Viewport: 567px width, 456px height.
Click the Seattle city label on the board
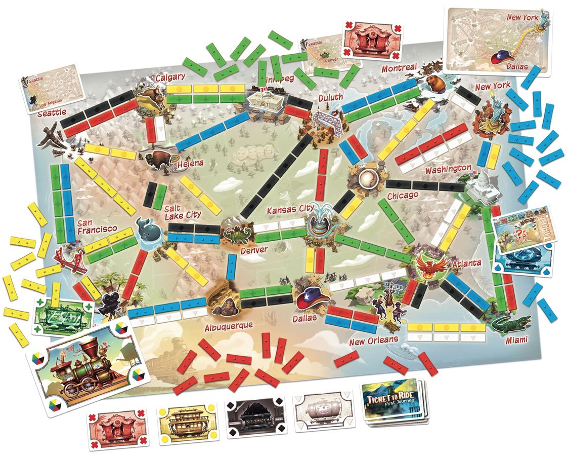(x=52, y=113)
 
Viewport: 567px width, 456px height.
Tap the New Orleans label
(x=374, y=340)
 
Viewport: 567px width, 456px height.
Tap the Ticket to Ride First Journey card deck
(x=394, y=403)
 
